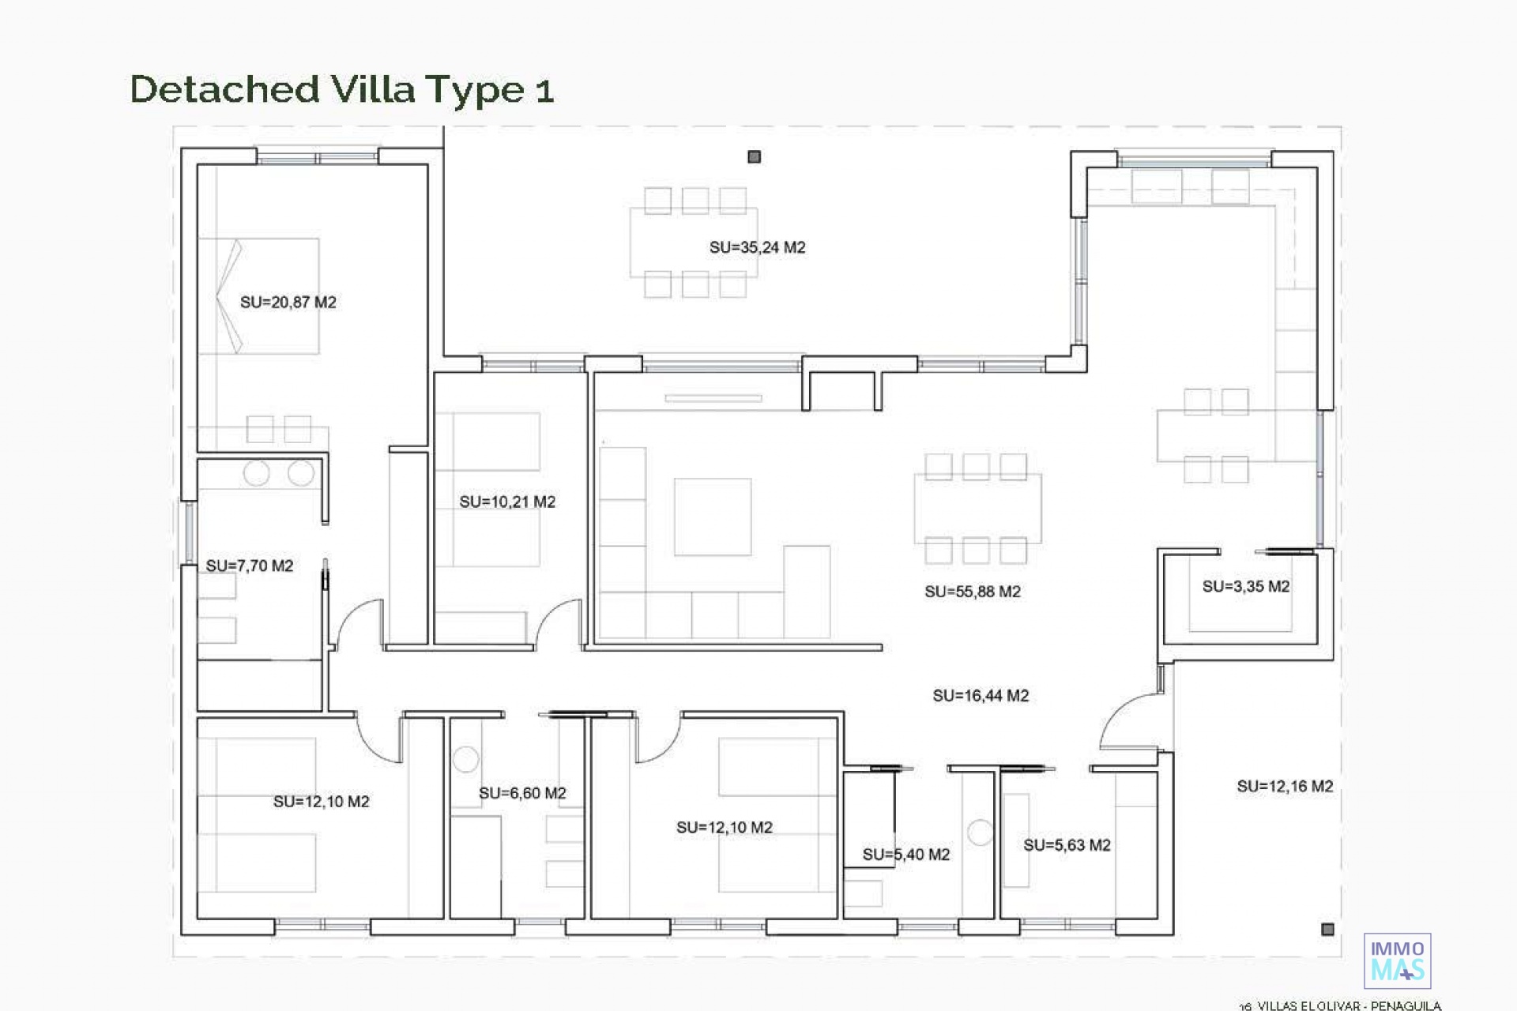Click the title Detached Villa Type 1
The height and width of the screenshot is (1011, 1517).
[x=341, y=89]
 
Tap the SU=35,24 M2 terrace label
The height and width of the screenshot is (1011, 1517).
[x=757, y=247]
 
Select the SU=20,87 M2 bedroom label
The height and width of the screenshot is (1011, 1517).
[x=288, y=302]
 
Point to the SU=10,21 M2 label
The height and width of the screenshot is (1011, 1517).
[x=507, y=502]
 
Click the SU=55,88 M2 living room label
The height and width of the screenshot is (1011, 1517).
[x=973, y=592]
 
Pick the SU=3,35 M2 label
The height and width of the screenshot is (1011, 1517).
[x=1246, y=586]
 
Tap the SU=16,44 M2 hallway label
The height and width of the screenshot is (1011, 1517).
[x=981, y=696]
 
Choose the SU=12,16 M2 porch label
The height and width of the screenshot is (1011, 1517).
[x=1285, y=786]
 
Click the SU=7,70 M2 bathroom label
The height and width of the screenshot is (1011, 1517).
[x=250, y=566]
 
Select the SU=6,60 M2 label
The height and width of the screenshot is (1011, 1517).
[x=522, y=793]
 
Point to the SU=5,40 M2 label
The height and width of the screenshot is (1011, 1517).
[x=906, y=854]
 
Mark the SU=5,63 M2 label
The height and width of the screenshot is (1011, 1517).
[x=1067, y=845]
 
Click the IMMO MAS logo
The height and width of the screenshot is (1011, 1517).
[x=1398, y=960]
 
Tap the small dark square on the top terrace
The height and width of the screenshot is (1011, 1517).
[x=755, y=157]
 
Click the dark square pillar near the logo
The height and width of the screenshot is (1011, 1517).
[x=1327, y=930]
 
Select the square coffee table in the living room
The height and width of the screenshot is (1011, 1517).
[x=713, y=517]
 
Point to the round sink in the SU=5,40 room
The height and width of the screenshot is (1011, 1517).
[x=980, y=832]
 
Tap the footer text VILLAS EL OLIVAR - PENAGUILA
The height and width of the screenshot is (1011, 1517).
[x=1349, y=1005]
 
